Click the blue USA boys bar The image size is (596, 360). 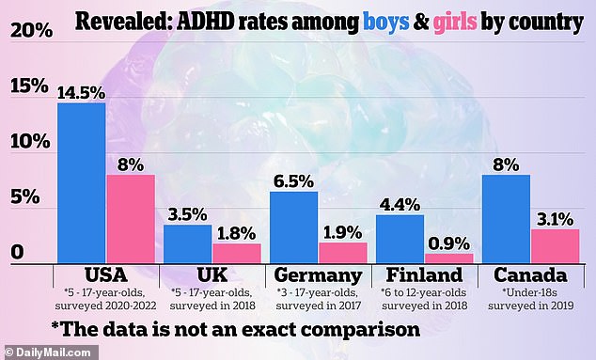click(82, 183)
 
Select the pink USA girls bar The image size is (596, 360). click(131, 219)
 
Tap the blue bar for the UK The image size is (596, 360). click(188, 243)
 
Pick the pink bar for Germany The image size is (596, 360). click(343, 253)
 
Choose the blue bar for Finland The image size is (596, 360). click(400, 239)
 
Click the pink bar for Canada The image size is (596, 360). click(556, 246)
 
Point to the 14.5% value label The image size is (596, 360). click(82, 93)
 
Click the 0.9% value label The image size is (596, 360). click(449, 243)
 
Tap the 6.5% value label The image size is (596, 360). click(294, 181)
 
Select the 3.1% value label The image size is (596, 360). click(556, 219)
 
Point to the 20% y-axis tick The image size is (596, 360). click(32, 30)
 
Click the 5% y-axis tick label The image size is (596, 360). click(25, 196)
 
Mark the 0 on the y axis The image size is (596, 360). click(17, 252)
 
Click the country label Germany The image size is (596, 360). click(318, 275)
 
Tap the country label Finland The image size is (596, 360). click(425, 274)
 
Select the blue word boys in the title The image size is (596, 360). click(386, 22)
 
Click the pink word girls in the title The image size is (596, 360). click(455, 22)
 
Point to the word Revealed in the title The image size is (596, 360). click(123, 22)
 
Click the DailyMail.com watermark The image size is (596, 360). click(48, 352)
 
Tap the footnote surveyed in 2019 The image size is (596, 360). click(531, 305)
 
